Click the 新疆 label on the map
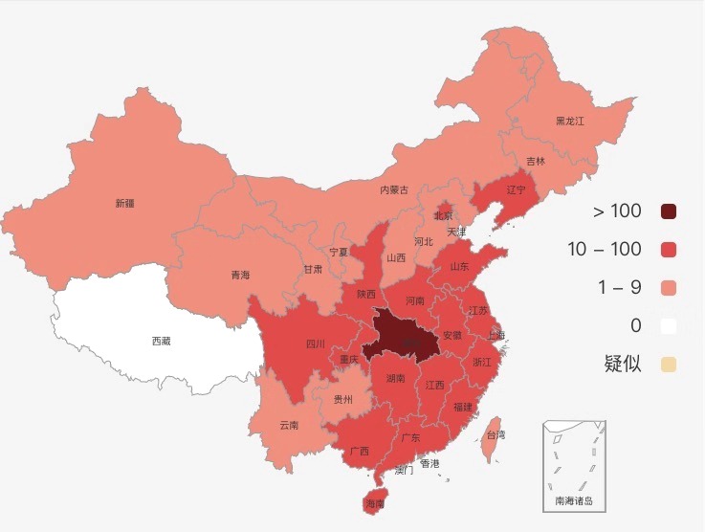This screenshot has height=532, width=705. coord(124,203)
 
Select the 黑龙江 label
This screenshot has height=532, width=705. coord(569,122)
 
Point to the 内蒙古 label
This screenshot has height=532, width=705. coord(393,190)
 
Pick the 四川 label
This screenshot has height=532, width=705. coord(315,344)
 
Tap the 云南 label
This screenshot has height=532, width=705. coord(289,425)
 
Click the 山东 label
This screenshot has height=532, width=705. coord(460,267)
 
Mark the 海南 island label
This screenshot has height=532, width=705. coord(374,503)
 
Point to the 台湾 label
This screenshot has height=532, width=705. coord(496,434)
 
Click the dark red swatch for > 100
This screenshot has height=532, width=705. coord(669,211)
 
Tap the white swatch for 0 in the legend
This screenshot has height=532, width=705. coord(669,326)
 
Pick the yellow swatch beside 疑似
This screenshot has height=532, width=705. coord(669,365)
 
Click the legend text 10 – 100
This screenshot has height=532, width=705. coord(604,250)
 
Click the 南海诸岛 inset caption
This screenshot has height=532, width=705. coord(574,500)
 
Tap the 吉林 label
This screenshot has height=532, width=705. coord(536,162)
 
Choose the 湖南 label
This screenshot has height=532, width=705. coord(396,379)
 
